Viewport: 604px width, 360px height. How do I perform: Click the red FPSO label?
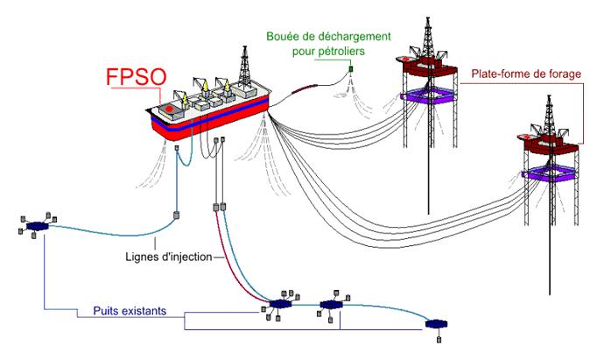[x=137, y=77]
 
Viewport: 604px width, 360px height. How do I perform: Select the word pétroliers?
[x=340, y=51]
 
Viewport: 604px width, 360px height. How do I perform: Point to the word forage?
[x=565, y=74]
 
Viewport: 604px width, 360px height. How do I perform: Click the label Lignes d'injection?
[x=169, y=257]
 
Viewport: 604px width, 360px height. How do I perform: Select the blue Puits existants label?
[x=130, y=311]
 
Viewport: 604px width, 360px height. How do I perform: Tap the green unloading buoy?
[x=351, y=69]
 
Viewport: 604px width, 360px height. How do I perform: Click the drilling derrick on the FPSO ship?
[x=244, y=67]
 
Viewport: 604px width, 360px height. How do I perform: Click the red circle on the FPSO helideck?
[x=168, y=109]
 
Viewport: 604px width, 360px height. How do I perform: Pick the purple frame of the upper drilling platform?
[x=428, y=95]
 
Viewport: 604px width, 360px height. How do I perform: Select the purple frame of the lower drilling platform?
[x=550, y=173]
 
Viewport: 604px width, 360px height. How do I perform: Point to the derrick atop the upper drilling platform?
[x=427, y=38]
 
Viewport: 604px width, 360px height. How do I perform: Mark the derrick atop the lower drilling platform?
[x=550, y=116]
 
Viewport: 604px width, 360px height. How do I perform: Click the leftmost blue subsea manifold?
[x=38, y=226]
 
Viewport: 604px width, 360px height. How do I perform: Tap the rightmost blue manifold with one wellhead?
[x=437, y=324]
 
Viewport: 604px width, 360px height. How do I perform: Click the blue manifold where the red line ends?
[x=280, y=304]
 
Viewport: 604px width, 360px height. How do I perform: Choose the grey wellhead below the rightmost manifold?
[x=439, y=340]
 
